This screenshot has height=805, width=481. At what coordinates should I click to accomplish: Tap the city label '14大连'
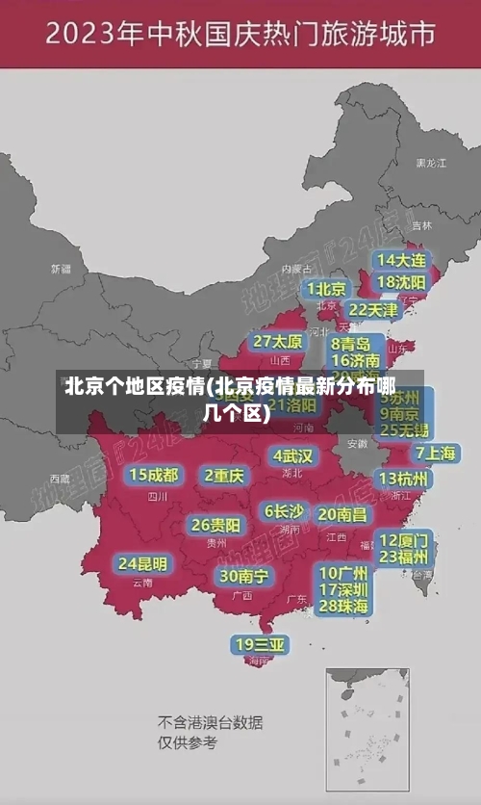(401, 260)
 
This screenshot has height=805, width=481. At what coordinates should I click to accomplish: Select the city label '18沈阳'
(401, 282)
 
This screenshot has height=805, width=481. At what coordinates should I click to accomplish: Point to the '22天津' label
(372, 310)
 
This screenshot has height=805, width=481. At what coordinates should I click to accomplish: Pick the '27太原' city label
(278, 342)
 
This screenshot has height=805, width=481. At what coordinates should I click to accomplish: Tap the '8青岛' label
(351, 344)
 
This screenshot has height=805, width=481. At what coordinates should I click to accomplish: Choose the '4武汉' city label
(292, 455)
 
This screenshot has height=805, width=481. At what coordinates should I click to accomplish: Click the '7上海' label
(435, 453)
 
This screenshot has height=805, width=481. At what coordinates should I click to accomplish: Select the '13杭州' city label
(404, 479)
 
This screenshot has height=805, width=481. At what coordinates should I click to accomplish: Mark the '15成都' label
(154, 475)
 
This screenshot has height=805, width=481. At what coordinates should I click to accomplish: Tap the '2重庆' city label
(225, 475)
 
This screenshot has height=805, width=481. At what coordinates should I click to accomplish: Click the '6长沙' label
(284, 510)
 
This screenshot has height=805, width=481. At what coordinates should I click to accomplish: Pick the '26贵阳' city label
(215, 525)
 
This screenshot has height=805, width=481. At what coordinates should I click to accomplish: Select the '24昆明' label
(142, 563)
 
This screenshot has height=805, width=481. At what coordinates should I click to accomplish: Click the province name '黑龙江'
(431, 164)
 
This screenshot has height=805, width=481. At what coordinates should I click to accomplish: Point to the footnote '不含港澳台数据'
(210, 722)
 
